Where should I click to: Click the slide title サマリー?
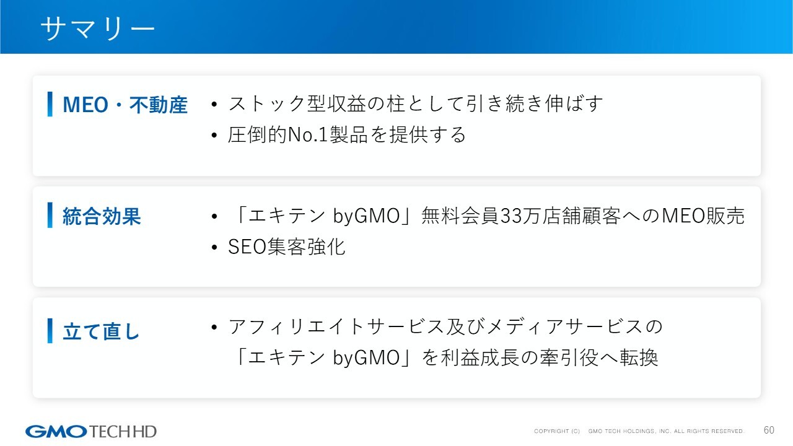tap(98, 28)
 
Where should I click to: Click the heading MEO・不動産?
tap(125, 105)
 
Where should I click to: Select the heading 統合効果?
tap(102, 216)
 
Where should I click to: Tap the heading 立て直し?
tap(101, 331)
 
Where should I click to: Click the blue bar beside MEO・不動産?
tap(50, 104)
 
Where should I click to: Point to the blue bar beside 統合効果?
tap(50, 215)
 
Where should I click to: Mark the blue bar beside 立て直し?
tap(50, 331)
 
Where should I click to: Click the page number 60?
tap(769, 430)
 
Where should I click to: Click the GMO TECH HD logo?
tap(90, 432)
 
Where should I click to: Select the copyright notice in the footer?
tap(639, 431)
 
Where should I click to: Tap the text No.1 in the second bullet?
tap(308, 135)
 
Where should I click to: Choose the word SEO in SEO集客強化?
tap(247, 247)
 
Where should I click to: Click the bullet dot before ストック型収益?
tap(214, 104)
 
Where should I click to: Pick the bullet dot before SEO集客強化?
tap(214, 247)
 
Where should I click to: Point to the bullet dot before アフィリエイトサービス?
tap(214, 326)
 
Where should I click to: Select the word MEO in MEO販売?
tap(683, 216)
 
